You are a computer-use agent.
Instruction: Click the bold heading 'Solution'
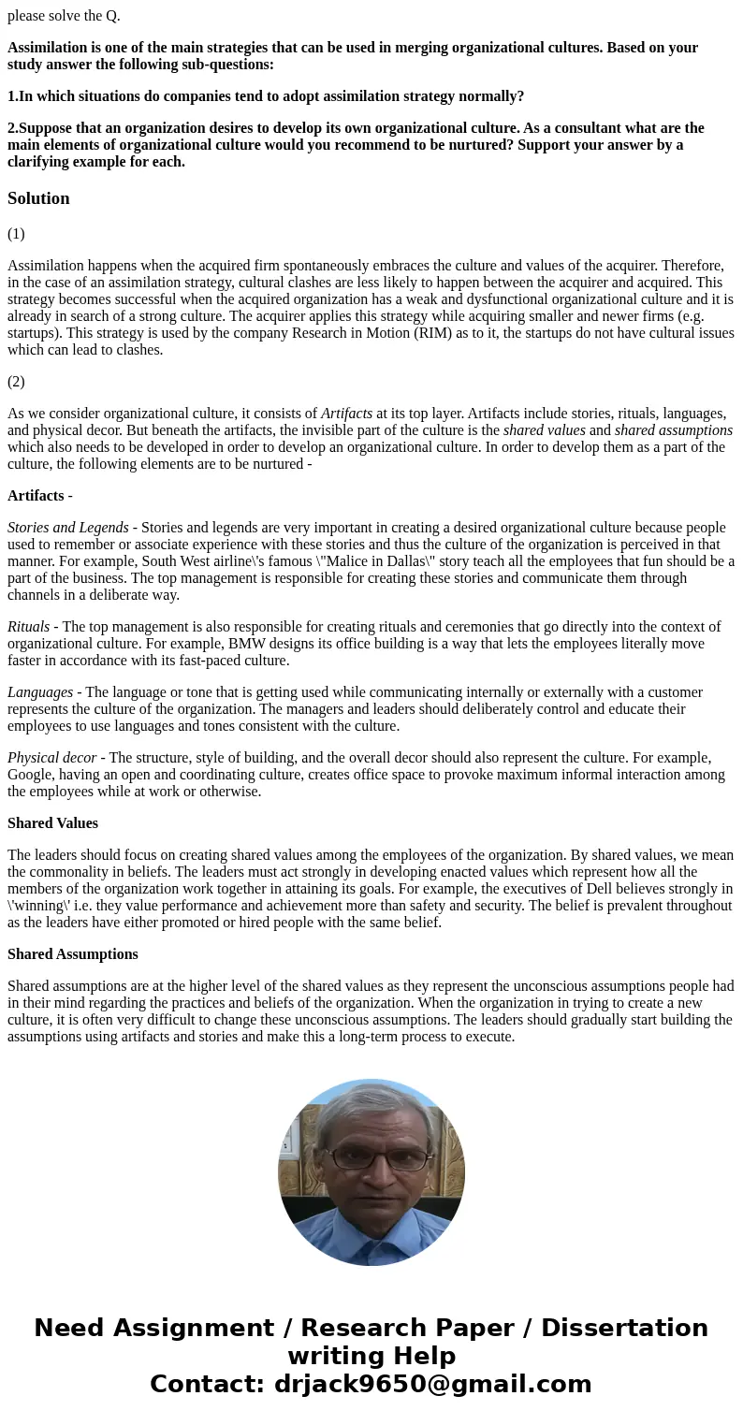38,198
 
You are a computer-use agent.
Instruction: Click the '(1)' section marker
16,234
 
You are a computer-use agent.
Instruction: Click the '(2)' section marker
16,382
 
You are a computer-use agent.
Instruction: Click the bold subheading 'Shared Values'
52,823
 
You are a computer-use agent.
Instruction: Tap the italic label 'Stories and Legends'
68,528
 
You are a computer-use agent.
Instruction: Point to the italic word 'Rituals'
29,627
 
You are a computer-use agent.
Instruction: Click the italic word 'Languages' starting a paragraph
40,692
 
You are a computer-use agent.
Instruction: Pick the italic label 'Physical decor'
51,758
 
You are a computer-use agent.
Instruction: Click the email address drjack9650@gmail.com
432,1385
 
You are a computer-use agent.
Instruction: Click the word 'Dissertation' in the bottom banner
624,1329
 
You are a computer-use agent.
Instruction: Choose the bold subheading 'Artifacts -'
40,496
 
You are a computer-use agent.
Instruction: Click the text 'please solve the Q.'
64,16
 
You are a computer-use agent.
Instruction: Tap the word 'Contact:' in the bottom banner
208,1385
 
